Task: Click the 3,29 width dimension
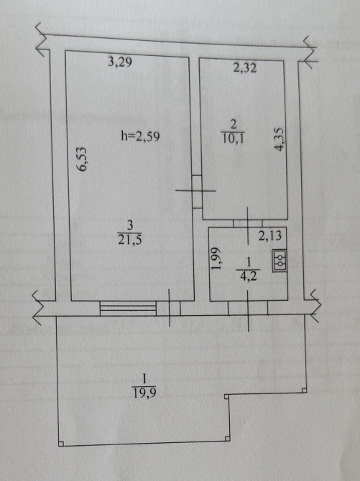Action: coord(120,62)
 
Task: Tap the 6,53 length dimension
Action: coord(82,159)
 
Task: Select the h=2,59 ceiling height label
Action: coord(140,136)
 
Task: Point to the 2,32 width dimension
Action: coord(244,67)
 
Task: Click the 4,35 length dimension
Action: coord(280,139)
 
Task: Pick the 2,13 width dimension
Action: coord(269,235)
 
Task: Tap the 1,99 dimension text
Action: coord(216,258)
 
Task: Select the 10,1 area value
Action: coord(233,139)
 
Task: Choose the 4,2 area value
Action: coord(248,276)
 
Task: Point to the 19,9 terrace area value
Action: coord(144,393)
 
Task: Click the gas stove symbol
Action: coord(280,261)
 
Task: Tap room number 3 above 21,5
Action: coord(130,225)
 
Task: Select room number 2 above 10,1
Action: coord(234,125)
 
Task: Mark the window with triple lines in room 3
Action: coord(128,308)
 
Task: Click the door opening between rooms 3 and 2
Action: coord(197,192)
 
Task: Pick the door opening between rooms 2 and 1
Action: coord(248,223)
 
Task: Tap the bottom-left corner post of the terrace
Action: coord(61,443)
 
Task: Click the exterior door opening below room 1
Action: coord(248,308)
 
